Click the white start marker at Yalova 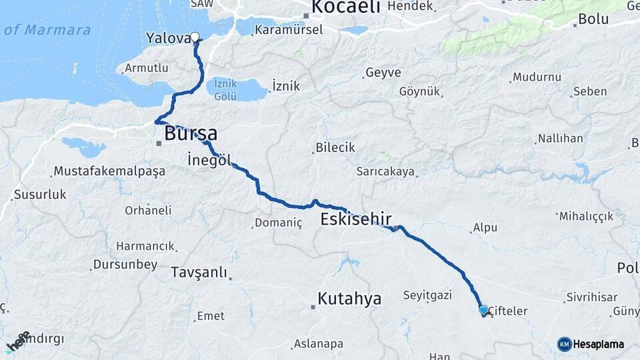[195, 37]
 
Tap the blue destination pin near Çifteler [483, 310]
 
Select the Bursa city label [191, 133]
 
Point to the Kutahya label [349, 299]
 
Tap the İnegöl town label [209, 160]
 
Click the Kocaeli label [345, 7]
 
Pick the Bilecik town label [335, 147]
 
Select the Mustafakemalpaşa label [109, 171]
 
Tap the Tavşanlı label [199, 272]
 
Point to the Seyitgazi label [427, 295]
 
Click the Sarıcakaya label [385, 172]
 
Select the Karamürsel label [289, 29]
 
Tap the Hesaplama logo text [599, 344]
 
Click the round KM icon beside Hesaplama [565, 344]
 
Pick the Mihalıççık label [585, 216]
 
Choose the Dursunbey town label [125, 265]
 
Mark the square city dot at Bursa [159, 143]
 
